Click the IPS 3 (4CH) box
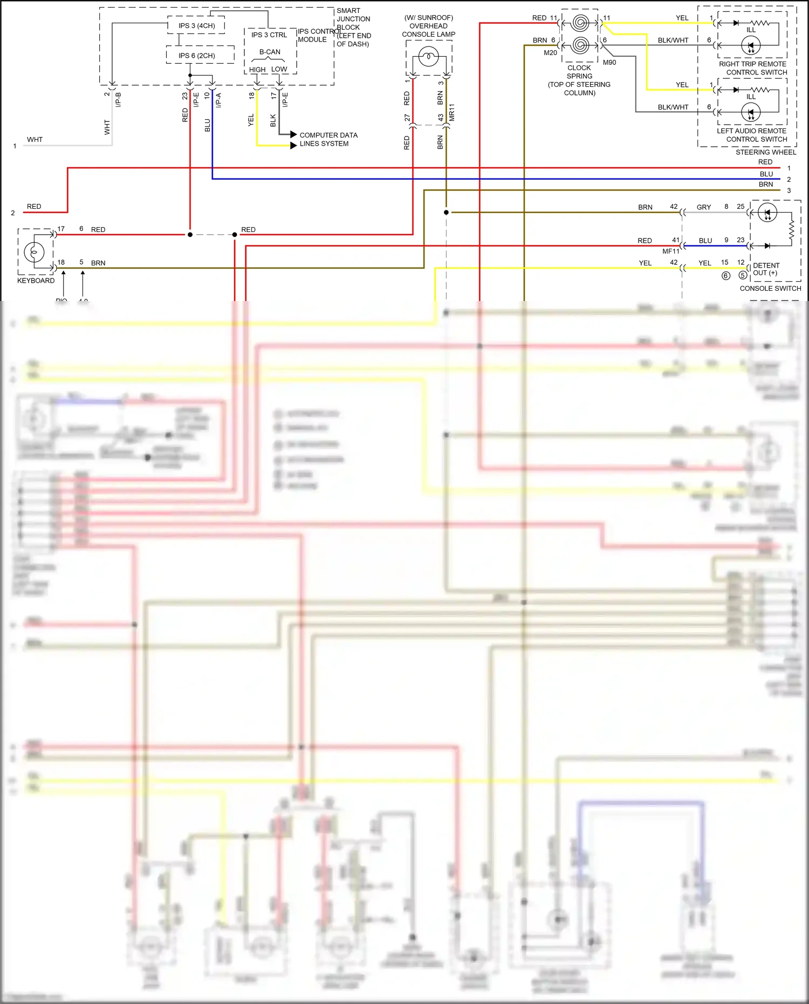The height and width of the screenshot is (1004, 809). point(196,25)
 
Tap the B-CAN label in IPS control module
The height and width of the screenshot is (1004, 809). point(270,52)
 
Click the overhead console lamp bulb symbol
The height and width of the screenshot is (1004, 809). point(429,57)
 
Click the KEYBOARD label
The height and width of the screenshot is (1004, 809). point(36,281)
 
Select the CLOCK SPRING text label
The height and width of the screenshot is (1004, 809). point(579,72)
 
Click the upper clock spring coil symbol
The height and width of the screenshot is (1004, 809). point(580,23)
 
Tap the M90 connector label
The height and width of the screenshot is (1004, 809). point(609,63)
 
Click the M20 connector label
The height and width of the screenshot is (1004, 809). point(550,53)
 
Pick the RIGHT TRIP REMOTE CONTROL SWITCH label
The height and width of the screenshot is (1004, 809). point(752,68)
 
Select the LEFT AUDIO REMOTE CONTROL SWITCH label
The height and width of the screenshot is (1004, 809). point(752,135)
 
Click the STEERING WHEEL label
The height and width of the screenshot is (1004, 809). point(765,152)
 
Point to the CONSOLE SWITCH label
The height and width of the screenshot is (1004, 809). point(770,288)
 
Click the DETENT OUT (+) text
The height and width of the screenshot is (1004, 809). point(766,269)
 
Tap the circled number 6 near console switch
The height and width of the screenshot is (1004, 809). point(726,276)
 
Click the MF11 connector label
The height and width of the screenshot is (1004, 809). point(670,251)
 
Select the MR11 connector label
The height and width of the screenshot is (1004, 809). point(452,112)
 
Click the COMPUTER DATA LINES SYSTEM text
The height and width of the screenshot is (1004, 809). point(328,139)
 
